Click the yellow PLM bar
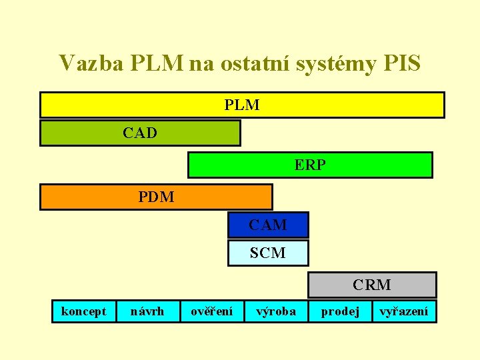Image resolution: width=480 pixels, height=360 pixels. [242, 105]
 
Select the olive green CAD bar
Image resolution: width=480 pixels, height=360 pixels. [140, 133]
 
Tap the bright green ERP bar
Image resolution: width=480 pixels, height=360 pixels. [310, 165]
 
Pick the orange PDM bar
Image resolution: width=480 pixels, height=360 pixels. [156, 197]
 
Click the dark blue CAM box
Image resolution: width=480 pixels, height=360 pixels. [268, 225]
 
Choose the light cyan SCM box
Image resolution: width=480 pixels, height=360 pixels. [268, 253]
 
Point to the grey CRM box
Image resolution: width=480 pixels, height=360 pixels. [371, 285]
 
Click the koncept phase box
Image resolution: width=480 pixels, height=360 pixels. [83, 311]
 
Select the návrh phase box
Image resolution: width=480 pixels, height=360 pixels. [147, 311]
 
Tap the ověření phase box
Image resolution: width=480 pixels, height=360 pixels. [212, 311]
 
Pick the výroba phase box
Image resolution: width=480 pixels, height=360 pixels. [276, 311]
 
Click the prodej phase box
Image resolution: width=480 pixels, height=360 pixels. [340, 311]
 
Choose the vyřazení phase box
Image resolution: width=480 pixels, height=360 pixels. [404, 311]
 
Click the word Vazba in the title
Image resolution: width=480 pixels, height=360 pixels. [85, 63]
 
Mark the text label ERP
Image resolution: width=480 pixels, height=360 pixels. [310, 165]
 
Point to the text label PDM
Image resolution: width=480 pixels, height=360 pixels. [156, 197]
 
